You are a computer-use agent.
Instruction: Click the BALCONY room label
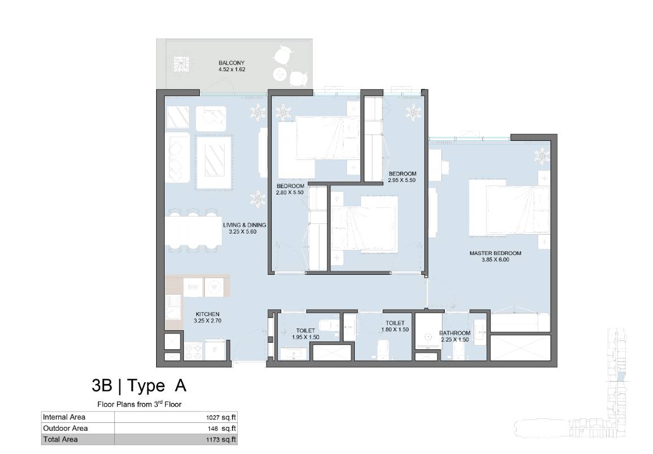pos(231,63)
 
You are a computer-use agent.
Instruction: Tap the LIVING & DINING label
pos(244,224)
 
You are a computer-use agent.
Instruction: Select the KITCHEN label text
pos(208,314)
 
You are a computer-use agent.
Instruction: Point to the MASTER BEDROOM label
pos(495,253)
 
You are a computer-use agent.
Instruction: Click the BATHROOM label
pos(455,333)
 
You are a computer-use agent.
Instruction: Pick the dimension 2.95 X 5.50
pos(401,180)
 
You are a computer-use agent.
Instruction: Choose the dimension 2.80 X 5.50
pos(290,193)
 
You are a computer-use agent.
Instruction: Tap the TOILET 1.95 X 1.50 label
pos(306,334)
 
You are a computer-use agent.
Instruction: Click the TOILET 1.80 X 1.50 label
pos(395,326)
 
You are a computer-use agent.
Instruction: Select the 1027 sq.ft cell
pos(221,417)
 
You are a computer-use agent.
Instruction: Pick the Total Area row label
pos(61,439)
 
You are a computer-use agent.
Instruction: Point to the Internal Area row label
pos(64,417)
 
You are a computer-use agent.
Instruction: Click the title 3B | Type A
pos(139,386)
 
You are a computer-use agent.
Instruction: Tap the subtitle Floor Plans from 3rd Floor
pos(140,404)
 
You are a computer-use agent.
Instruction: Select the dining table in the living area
pos(194,231)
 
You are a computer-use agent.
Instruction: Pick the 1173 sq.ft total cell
pos(221,439)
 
